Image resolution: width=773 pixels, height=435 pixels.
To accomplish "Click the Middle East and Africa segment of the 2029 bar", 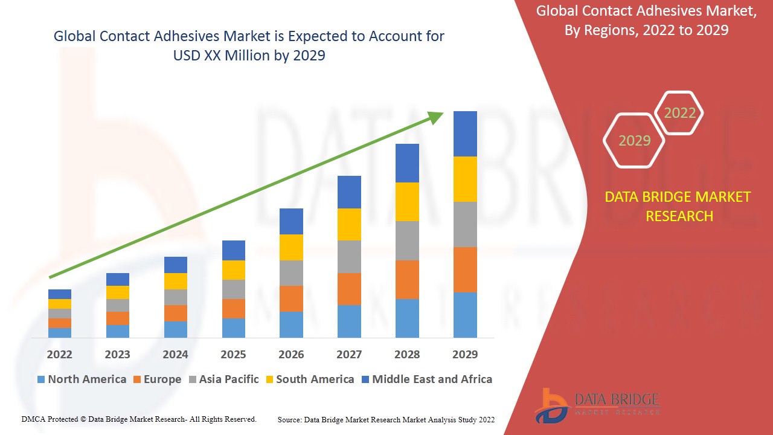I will [x=465, y=134].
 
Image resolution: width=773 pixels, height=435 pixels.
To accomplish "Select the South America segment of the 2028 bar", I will [x=407, y=201].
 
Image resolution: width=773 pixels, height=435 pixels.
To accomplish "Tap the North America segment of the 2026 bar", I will [x=291, y=324].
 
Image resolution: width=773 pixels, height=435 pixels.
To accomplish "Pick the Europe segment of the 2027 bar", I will [x=349, y=289].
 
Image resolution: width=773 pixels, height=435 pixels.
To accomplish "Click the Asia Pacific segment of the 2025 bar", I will [x=234, y=289].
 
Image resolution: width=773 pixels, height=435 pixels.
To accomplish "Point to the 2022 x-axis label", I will [x=60, y=354].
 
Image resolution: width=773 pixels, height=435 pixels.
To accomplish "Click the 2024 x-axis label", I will [x=175, y=354].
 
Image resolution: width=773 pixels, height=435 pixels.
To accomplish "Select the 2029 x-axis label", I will [x=465, y=354].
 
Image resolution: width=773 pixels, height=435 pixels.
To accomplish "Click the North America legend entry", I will [x=82, y=379].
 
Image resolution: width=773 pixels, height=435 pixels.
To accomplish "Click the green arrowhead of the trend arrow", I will [x=435, y=117].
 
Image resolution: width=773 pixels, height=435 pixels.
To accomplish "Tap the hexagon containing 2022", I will [x=679, y=113].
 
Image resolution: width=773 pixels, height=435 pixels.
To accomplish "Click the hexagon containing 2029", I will [x=634, y=141].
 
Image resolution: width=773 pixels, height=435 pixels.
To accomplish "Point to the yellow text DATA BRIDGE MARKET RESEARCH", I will [x=679, y=206].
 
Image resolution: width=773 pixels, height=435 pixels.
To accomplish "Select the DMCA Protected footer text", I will [x=139, y=419].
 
